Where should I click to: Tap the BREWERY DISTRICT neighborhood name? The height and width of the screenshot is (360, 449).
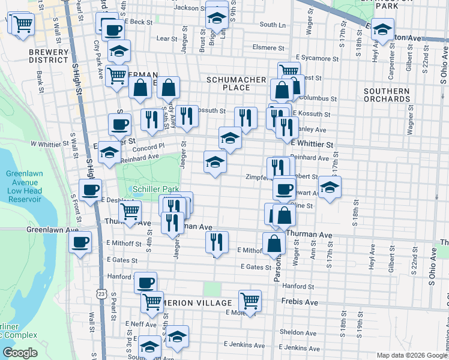point(49,56)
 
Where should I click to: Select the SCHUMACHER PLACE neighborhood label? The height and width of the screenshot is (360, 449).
point(228,83)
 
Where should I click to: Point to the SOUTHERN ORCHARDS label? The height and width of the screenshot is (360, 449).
point(387,95)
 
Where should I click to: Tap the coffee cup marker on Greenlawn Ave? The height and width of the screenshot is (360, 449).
point(80,242)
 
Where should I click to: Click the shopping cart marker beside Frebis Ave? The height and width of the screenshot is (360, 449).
point(250,300)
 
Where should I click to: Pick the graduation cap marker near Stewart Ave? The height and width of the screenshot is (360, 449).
point(330,187)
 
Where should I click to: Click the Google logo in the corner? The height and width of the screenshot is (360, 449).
point(20,353)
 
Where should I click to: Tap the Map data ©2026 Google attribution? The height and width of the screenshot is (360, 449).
point(412,355)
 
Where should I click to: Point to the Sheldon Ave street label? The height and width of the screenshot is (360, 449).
point(295,331)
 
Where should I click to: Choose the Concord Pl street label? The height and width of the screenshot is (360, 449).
point(152,147)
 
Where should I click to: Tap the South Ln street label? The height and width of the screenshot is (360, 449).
point(273,25)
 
